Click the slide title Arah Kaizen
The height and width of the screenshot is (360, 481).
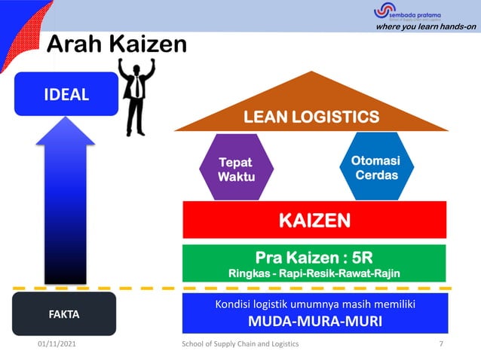(116, 45)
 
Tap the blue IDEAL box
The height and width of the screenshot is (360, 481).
(66, 94)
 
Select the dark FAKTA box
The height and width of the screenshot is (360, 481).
(64, 313)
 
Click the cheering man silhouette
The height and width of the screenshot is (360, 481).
(137, 94)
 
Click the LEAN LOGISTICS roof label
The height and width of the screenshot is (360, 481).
(311, 117)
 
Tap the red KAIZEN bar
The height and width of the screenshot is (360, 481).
(314, 220)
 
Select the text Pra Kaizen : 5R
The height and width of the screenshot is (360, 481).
(314, 256)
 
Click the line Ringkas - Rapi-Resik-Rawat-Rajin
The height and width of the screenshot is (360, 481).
(314, 273)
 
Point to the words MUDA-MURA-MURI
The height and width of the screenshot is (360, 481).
(314, 322)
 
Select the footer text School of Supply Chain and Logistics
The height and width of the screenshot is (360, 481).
(240, 343)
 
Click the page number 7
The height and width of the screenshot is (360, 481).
(440, 343)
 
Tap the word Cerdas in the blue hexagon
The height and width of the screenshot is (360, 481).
(377, 175)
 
